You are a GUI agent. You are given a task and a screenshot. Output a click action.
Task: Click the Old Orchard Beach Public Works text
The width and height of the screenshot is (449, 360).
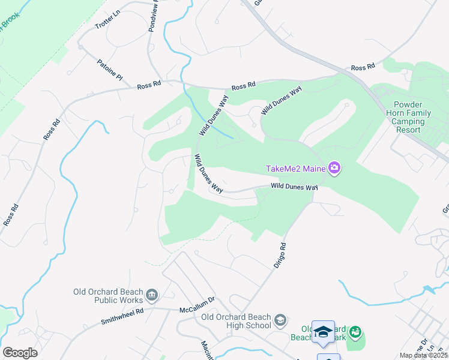point(108,296)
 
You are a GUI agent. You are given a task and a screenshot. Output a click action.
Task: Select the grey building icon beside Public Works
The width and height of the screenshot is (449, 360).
point(152,295)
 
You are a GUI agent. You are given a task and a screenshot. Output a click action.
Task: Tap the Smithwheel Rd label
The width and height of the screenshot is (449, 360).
point(122,311)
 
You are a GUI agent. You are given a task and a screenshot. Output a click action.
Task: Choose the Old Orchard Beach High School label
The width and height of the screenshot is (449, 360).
point(236,321)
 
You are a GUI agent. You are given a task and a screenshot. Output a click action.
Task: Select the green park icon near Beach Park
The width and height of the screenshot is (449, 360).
point(355,331)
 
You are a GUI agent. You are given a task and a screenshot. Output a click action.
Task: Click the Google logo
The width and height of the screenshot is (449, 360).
point(20,352)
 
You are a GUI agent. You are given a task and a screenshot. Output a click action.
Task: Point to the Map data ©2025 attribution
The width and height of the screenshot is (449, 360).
point(424,355)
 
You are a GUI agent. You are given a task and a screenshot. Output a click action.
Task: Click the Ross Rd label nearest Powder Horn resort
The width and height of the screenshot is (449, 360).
point(363,67)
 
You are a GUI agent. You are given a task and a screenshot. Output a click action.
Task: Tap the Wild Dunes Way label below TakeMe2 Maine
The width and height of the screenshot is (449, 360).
point(294,187)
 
